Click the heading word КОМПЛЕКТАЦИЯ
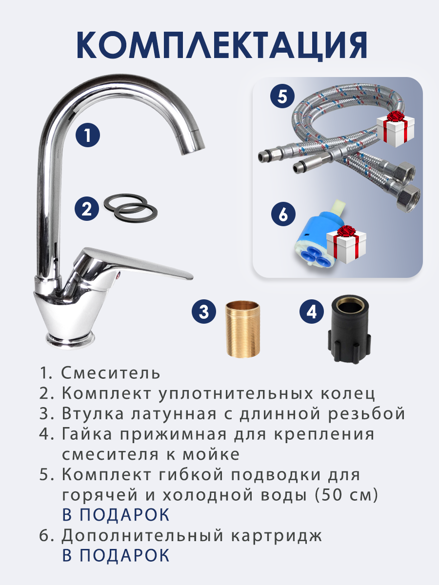[x=222, y=45]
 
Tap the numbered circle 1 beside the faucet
[x=88, y=135]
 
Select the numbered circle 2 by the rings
[x=87, y=209]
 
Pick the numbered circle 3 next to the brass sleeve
[x=204, y=312]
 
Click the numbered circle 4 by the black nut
[x=312, y=312]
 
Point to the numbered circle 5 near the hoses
[x=282, y=96]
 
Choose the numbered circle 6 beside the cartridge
[x=283, y=214]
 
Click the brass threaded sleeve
[x=243, y=329]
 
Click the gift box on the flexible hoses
[x=395, y=129]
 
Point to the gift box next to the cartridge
[x=346, y=244]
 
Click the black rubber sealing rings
[x=130, y=207]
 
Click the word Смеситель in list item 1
[x=111, y=373]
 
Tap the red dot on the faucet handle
[x=119, y=274]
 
